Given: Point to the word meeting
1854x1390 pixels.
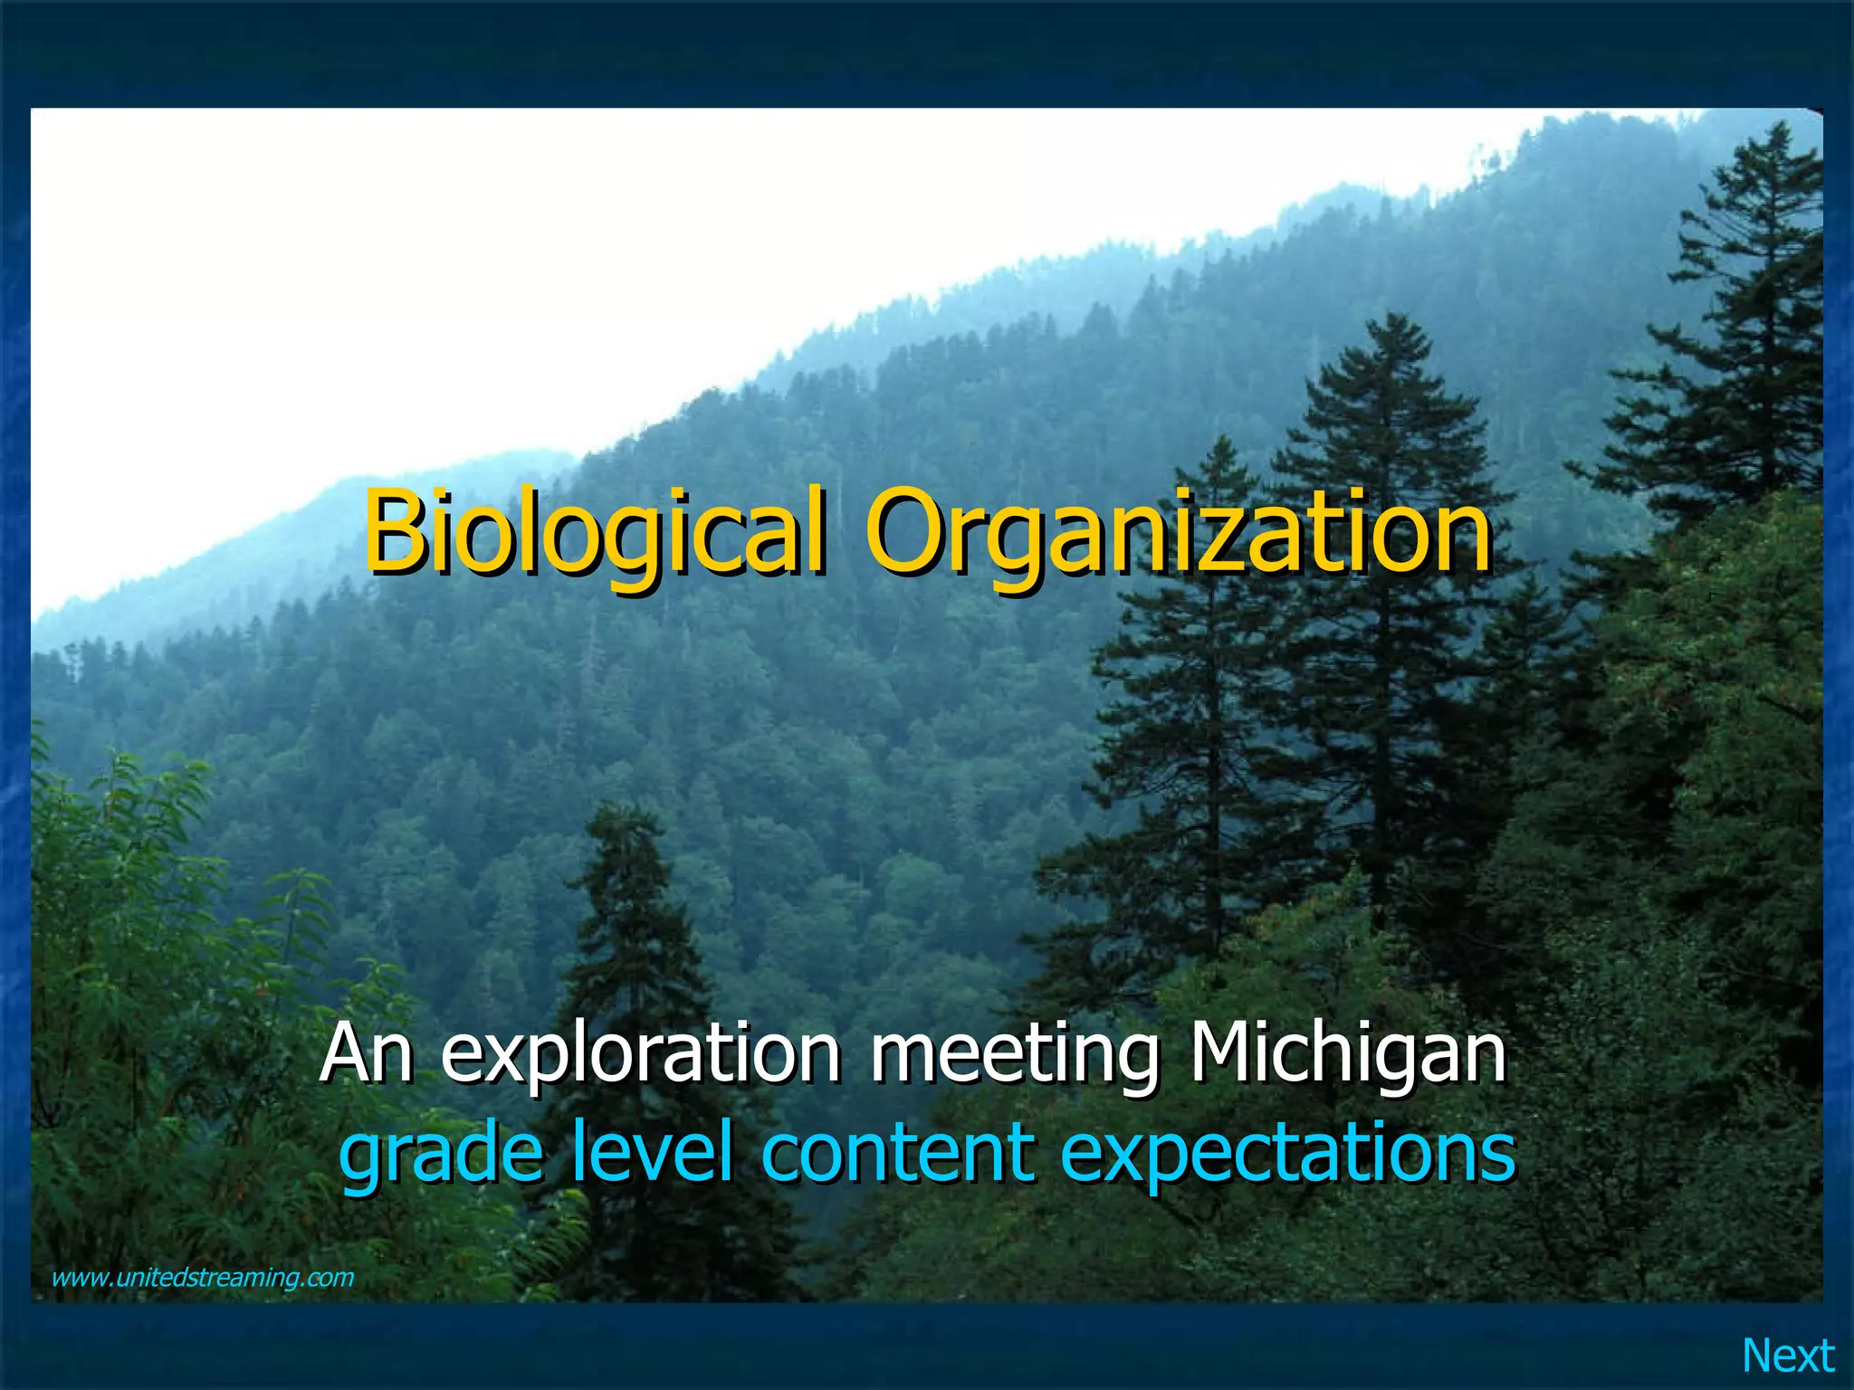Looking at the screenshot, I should (x=1014, y=1054).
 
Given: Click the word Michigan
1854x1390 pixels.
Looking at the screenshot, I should (x=1348, y=1054).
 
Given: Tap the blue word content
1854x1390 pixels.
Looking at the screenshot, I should (x=896, y=1151).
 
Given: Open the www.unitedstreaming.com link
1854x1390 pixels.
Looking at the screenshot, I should (x=203, y=1278).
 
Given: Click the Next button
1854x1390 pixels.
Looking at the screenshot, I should (x=1788, y=1356).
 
